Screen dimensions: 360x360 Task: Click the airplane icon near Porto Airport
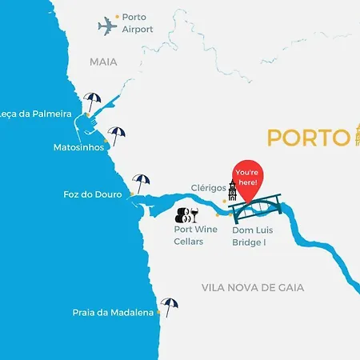pos(107,26)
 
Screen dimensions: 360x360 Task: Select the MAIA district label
pos(103,61)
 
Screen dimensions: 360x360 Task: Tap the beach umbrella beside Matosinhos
pos(118,136)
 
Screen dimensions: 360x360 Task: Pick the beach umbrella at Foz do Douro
pos(142,182)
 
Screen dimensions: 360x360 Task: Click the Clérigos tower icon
pos(232,192)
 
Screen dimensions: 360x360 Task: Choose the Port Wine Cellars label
pos(195,235)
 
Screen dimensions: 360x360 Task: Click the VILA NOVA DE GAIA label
pos(263,287)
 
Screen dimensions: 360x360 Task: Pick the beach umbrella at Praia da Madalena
pos(169,306)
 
